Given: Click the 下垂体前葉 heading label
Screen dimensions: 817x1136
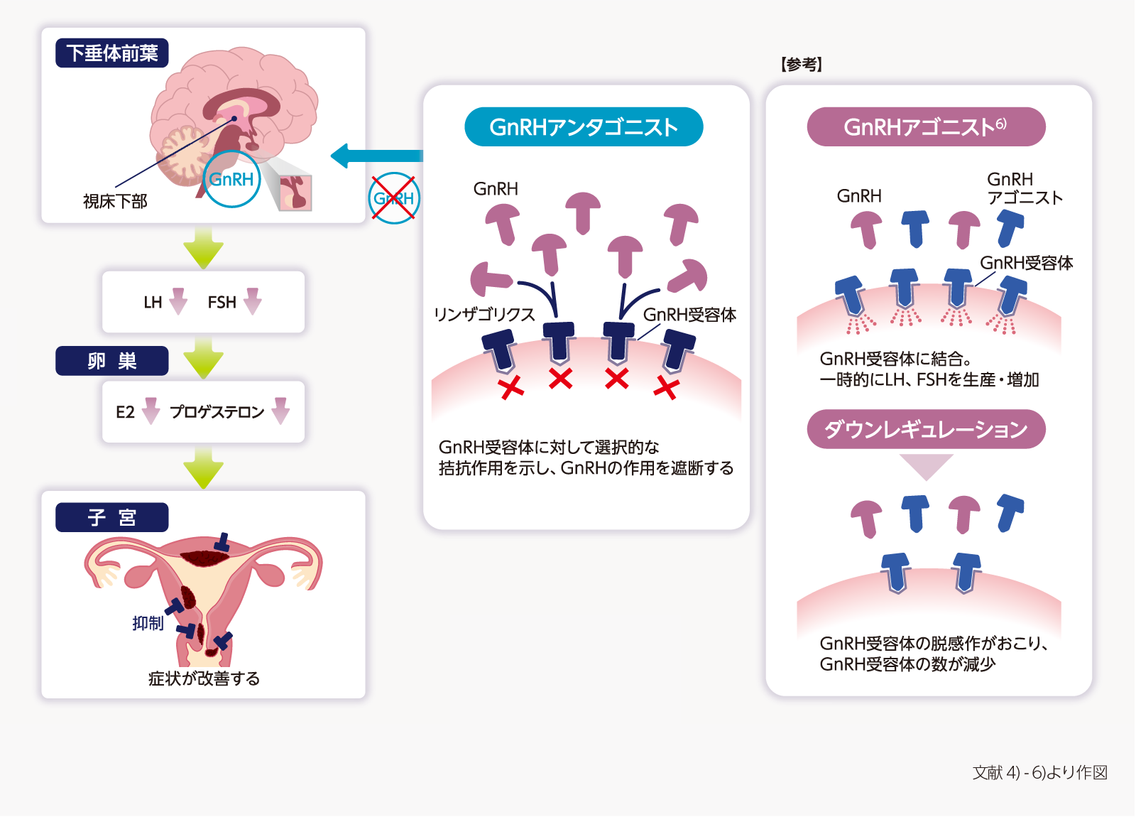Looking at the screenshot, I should click(112, 53).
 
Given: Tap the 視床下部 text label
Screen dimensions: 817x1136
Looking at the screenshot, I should click(115, 202).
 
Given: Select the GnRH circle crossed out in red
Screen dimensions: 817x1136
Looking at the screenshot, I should click(394, 198).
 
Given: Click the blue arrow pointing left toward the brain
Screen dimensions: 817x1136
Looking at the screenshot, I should click(376, 156).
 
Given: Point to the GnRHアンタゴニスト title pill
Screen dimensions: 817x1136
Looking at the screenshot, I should click(584, 127).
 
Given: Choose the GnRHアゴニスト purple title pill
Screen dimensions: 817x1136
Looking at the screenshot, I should click(926, 127).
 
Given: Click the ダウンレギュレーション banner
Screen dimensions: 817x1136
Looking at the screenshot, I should click(926, 429).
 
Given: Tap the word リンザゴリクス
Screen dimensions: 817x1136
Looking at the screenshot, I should click(484, 315).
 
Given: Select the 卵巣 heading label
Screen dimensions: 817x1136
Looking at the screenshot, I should click(112, 361).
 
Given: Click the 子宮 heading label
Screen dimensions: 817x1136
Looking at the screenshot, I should click(112, 517).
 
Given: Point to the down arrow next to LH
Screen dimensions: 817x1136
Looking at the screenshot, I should click(178, 301).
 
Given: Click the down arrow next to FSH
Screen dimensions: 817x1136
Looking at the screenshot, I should click(253, 301).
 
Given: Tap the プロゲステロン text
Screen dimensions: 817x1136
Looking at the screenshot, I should click(217, 412).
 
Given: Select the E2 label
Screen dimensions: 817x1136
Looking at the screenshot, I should click(125, 412).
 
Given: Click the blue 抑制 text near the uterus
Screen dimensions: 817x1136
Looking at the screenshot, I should click(148, 623).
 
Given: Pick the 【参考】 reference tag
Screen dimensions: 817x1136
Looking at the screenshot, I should click(802, 65).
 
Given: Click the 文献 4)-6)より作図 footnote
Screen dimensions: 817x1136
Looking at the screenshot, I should click(1040, 772).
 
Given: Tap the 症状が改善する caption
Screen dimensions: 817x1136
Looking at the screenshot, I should click(204, 678).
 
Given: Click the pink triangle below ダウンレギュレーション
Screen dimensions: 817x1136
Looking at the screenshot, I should click(926, 466).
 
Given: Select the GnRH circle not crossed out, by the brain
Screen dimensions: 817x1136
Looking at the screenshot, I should click(231, 179).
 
